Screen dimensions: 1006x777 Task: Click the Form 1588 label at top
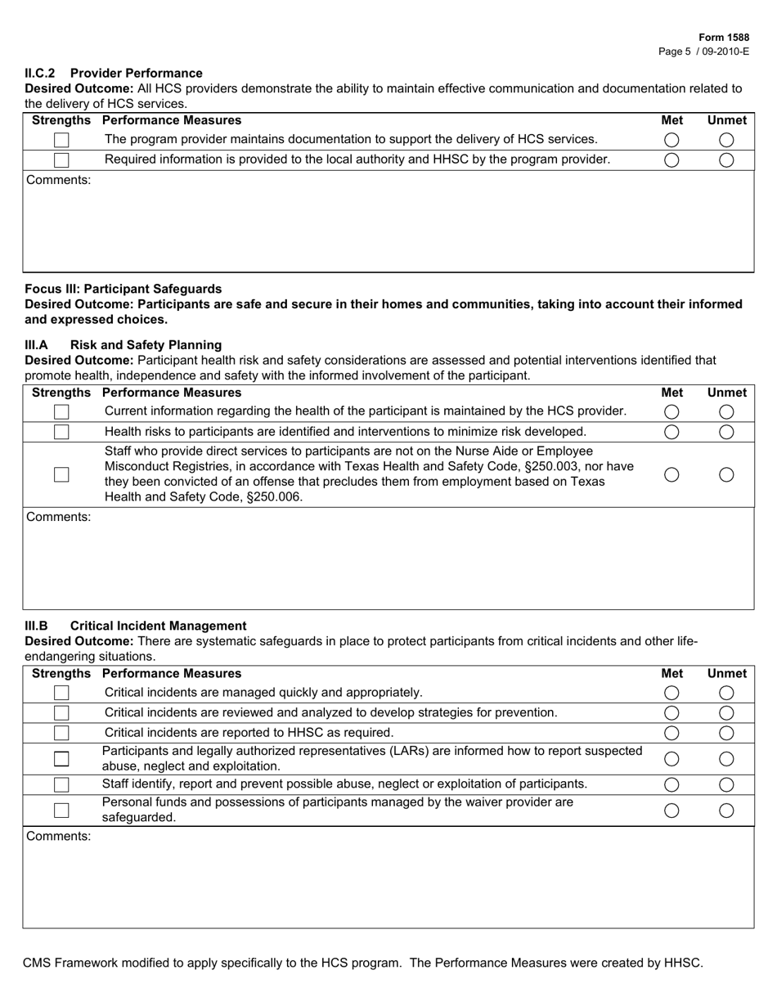724,38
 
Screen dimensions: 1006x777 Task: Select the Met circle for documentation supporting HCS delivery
671,140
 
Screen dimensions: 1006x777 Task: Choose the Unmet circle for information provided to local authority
726,160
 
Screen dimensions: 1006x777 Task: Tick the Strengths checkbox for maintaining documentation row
61,141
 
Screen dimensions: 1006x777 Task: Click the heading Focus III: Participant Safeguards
123,289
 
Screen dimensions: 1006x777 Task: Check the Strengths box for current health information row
61,412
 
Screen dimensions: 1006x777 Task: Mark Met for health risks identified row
671,432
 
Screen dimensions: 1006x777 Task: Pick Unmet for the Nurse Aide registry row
726,474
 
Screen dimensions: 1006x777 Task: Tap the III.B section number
37,626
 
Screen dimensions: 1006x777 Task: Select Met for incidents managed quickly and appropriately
671,693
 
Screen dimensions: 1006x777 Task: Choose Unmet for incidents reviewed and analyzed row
726,713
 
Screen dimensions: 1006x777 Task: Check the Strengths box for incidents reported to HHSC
61,733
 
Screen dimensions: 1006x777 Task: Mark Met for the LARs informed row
671,759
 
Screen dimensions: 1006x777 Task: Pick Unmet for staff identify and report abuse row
726,785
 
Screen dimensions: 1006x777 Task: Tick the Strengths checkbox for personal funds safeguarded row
61,811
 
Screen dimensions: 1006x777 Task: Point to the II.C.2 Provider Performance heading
114,73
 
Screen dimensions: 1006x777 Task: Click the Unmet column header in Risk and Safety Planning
726,392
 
